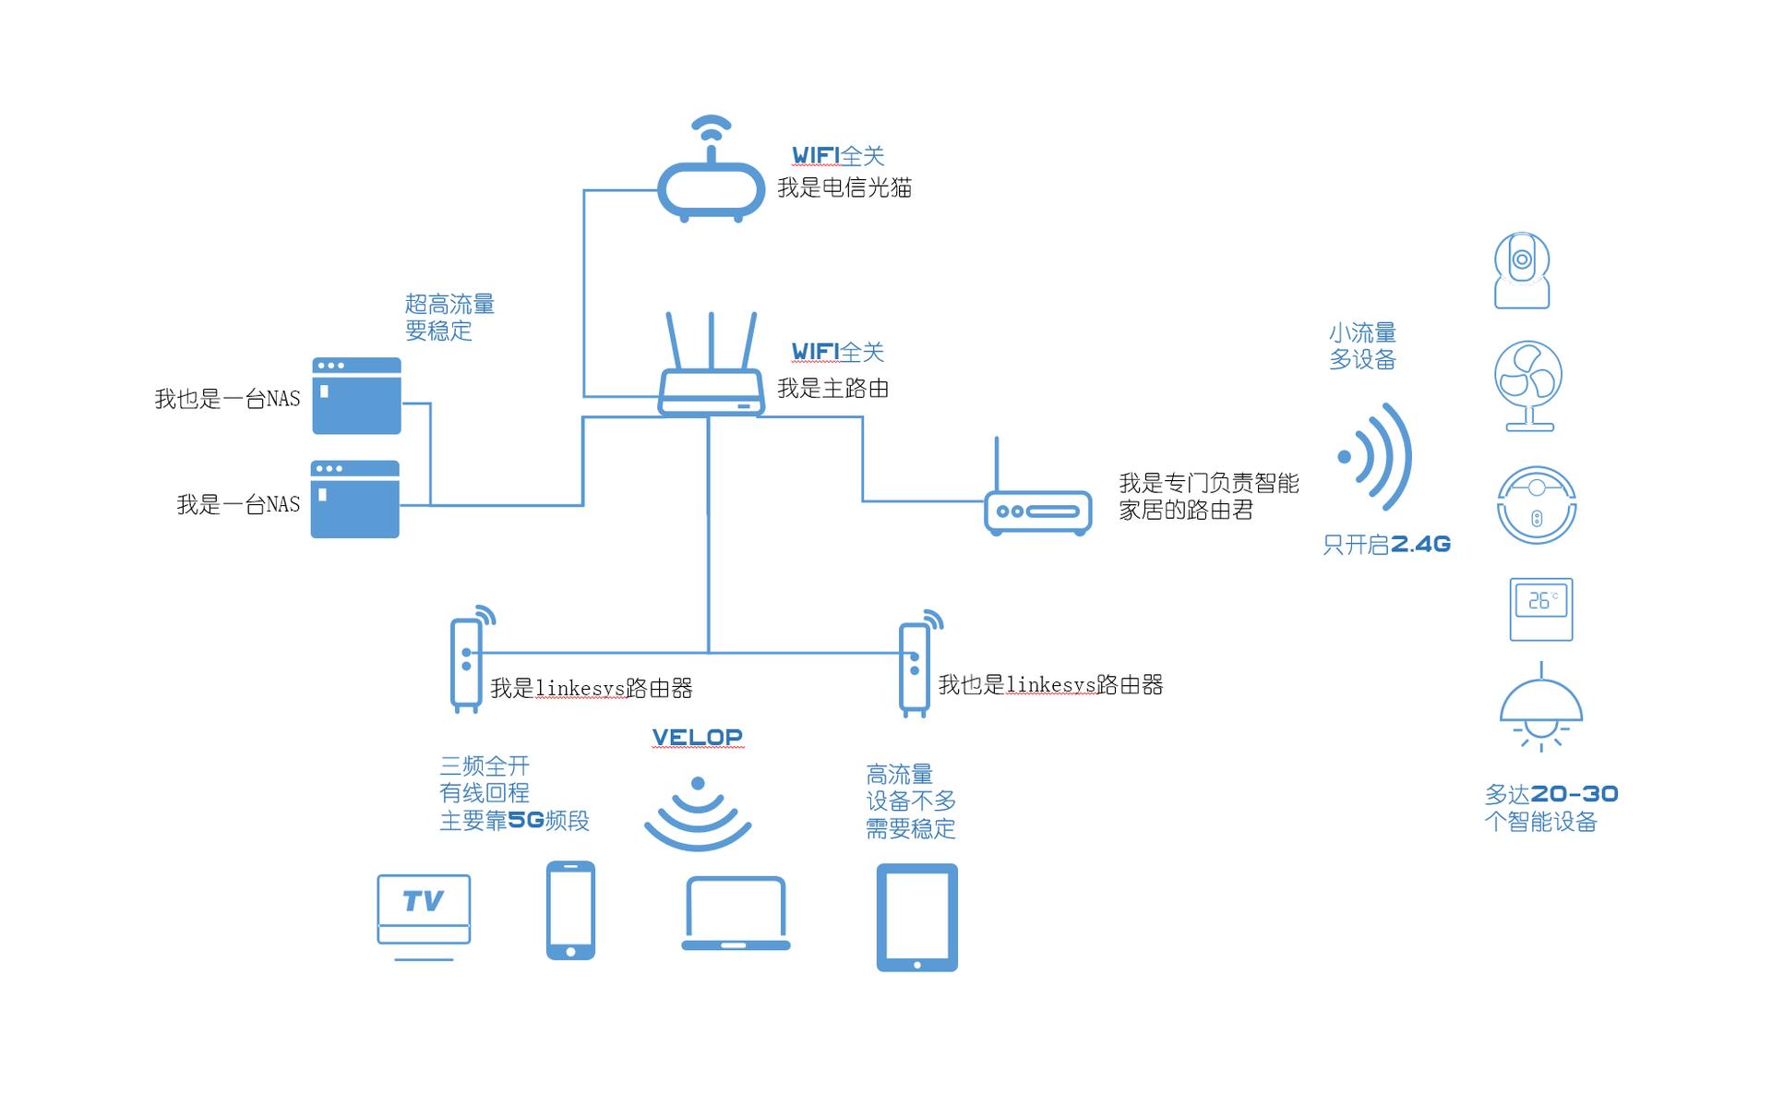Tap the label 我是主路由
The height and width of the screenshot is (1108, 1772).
(x=832, y=389)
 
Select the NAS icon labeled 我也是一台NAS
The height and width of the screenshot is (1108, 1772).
(x=356, y=396)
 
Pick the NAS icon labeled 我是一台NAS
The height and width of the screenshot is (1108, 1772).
(x=354, y=500)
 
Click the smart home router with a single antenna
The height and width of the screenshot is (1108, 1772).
(x=1037, y=509)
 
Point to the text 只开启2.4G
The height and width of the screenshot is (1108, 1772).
(x=1386, y=545)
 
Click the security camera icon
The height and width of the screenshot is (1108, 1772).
(x=1521, y=271)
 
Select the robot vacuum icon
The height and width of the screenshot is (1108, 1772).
(x=1536, y=505)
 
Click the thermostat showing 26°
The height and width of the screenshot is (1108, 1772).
(x=1540, y=609)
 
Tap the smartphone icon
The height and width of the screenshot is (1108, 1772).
(x=570, y=910)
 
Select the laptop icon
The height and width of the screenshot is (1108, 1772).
(x=736, y=914)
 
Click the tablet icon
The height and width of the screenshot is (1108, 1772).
(x=916, y=917)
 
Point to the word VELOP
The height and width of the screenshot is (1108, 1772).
(x=697, y=737)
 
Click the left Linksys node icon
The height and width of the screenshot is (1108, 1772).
(x=466, y=663)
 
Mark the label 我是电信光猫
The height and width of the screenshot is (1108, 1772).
(x=844, y=188)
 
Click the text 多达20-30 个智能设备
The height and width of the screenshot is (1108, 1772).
(x=1550, y=808)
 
